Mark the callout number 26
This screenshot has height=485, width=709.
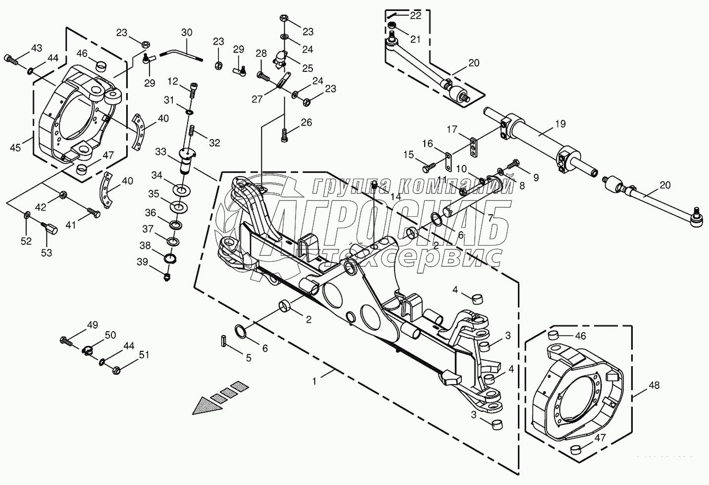point(306,122)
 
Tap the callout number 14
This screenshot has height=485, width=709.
point(395,196)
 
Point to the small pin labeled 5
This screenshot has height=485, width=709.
point(223,341)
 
